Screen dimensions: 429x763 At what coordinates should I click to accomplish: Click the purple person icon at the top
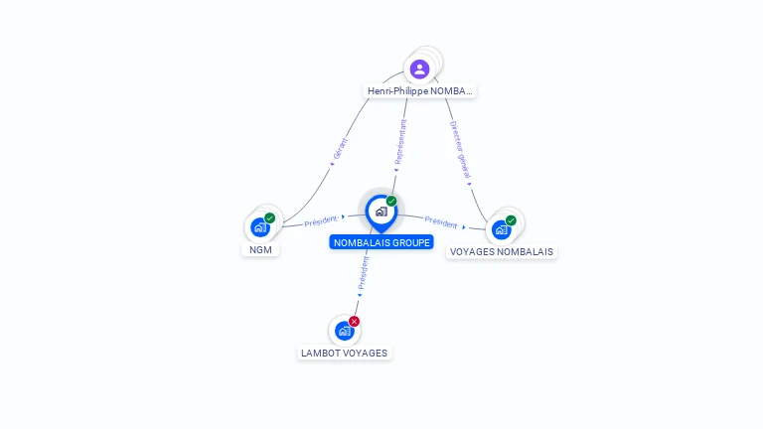pos(419,69)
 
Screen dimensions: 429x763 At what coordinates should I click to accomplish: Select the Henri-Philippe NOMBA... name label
pos(419,91)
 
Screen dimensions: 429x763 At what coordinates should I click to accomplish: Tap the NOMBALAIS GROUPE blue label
pos(381,242)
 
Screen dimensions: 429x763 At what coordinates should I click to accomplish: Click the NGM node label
pos(260,250)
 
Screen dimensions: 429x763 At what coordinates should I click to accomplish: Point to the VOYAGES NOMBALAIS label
pos(502,252)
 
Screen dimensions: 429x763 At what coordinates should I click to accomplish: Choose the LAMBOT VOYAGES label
pos(345,353)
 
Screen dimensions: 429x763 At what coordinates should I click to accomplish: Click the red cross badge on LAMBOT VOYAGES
pos(355,321)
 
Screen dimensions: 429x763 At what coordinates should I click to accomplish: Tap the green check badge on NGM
pos(270,217)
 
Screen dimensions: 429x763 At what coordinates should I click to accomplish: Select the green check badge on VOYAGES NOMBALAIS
pos(511,220)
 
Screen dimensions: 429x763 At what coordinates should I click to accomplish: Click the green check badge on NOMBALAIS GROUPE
pos(391,202)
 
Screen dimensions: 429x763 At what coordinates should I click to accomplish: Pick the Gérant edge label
pos(341,149)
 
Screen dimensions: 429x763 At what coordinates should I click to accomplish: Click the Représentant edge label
pos(401,142)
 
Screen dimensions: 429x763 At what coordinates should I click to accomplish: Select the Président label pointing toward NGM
pos(321,221)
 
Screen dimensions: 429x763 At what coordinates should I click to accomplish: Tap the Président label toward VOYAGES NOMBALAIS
pos(441,223)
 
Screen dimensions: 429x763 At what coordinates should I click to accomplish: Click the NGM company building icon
pos(260,227)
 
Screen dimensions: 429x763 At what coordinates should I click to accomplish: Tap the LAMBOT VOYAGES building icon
pos(344,331)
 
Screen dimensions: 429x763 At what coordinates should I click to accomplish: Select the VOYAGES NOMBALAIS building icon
pos(501,229)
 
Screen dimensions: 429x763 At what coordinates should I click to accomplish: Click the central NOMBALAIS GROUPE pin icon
pos(381,212)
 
